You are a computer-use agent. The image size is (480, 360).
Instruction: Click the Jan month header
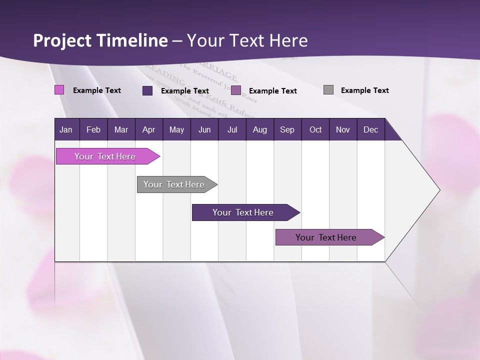tap(66, 129)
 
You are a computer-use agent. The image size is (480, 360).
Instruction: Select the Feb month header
tap(93, 129)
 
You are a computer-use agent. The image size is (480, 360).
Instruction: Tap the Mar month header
tap(121, 129)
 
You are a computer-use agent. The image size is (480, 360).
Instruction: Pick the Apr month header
tap(149, 129)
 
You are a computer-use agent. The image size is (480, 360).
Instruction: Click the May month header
tap(176, 129)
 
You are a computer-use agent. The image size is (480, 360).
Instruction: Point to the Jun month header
tap(204, 129)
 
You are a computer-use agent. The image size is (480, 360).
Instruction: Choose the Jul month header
tap(232, 129)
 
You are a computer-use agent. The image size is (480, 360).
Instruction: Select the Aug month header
tap(260, 129)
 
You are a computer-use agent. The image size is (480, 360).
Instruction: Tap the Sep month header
tap(287, 129)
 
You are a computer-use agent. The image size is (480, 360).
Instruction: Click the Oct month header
tap(315, 129)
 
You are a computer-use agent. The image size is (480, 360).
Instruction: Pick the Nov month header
tap(343, 129)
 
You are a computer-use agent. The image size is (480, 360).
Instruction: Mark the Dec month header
tap(371, 129)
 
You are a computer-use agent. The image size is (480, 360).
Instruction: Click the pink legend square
tap(59, 90)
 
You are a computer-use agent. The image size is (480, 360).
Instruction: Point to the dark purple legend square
tap(147, 90)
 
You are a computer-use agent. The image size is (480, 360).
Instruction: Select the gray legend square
tap(328, 90)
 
